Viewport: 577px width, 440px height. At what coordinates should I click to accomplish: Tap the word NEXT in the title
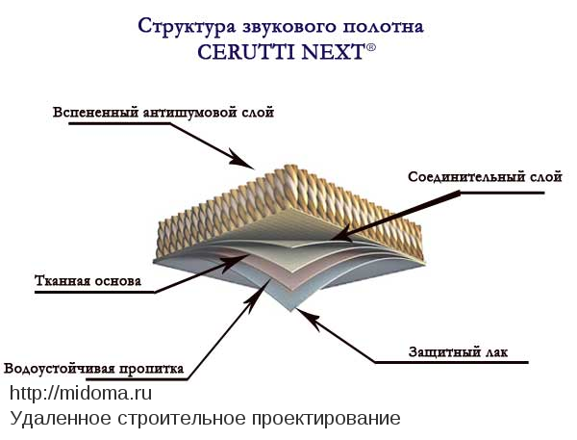pyautogui.click(x=333, y=52)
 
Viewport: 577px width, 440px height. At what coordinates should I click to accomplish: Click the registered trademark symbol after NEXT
pyautogui.click(x=371, y=47)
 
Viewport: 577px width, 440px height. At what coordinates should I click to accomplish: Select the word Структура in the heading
pyautogui.click(x=187, y=27)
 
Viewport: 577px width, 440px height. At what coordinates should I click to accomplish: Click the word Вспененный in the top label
pyautogui.click(x=95, y=113)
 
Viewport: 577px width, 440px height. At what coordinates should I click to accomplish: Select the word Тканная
pyautogui.click(x=63, y=281)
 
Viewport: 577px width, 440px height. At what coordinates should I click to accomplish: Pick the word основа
pyautogui.click(x=117, y=281)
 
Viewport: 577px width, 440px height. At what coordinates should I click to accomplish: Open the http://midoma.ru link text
pyautogui.click(x=81, y=393)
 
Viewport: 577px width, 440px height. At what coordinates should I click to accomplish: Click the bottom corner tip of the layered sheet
pyautogui.click(x=291, y=311)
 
